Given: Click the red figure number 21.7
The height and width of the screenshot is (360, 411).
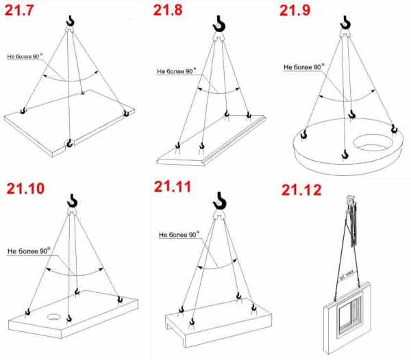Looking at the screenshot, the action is tap(19, 10).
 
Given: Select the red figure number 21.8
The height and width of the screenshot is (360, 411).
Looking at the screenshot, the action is tap(168, 10).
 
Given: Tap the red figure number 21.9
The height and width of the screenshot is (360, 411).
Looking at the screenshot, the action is tap(295, 10).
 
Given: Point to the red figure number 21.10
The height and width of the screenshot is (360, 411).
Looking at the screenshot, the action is tap(25, 188).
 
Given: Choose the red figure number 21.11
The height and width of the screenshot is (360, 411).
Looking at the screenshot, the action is tap(173, 187).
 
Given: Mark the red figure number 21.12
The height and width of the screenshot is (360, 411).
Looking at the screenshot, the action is tap(301, 190).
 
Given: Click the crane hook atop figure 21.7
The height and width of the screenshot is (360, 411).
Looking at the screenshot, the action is tap(71, 21).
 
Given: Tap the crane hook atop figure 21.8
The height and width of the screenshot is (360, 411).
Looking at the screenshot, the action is tap(219, 23).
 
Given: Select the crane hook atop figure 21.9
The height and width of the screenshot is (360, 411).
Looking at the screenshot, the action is tap(345, 23).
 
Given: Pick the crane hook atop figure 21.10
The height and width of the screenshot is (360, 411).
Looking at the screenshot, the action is tap(72, 201).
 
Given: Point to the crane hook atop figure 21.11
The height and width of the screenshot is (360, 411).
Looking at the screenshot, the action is tap(219, 201).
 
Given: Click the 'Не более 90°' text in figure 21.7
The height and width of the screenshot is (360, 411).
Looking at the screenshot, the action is tap(25, 56).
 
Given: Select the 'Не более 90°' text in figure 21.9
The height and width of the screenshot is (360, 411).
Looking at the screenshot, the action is tap(303, 67).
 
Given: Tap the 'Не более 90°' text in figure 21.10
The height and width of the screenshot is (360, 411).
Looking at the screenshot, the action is tap(29, 251).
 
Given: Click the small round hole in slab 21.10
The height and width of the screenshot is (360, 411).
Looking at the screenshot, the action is tap(54, 317).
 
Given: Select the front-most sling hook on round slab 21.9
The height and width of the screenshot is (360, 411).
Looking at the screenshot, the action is tap(345, 154).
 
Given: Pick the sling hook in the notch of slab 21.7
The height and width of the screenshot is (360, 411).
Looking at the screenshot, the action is tap(69, 143).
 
